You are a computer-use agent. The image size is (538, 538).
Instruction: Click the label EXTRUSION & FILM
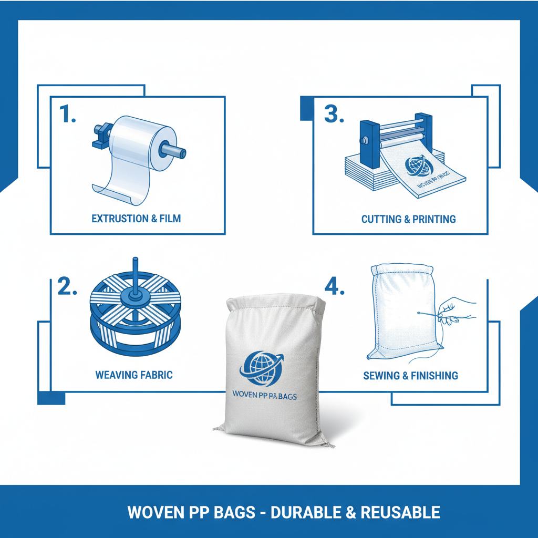tap(136, 219)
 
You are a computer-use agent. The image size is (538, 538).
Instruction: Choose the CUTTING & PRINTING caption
tap(408, 219)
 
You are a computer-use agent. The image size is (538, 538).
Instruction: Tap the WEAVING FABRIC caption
tap(134, 375)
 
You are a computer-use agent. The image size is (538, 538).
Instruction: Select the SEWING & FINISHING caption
tap(410, 376)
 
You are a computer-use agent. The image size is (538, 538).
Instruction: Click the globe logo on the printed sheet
tap(418, 165)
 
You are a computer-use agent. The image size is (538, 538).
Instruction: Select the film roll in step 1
tap(134, 139)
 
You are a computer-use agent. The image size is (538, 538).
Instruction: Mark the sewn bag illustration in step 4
tap(402, 313)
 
